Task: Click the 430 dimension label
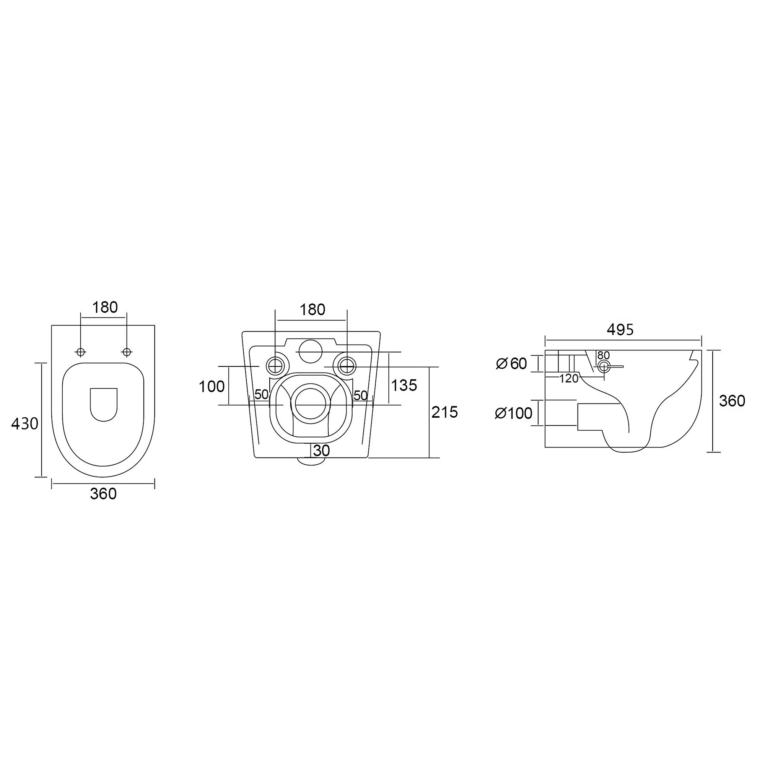click(x=24, y=424)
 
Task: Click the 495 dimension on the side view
click(x=620, y=329)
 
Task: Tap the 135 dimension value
click(x=404, y=385)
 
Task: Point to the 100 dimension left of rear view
click(x=212, y=386)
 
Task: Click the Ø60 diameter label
click(x=511, y=363)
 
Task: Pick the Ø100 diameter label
click(x=514, y=413)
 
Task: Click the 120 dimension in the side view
click(x=569, y=379)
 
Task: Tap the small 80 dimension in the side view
click(x=604, y=355)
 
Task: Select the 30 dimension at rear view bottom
click(x=322, y=451)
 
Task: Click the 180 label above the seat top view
click(x=105, y=307)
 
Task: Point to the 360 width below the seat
click(x=103, y=494)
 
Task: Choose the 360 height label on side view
click(x=732, y=401)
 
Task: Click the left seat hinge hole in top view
click(x=81, y=352)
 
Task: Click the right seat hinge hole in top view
click(x=127, y=352)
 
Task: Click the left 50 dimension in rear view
click(x=261, y=394)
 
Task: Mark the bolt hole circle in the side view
click(x=604, y=367)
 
